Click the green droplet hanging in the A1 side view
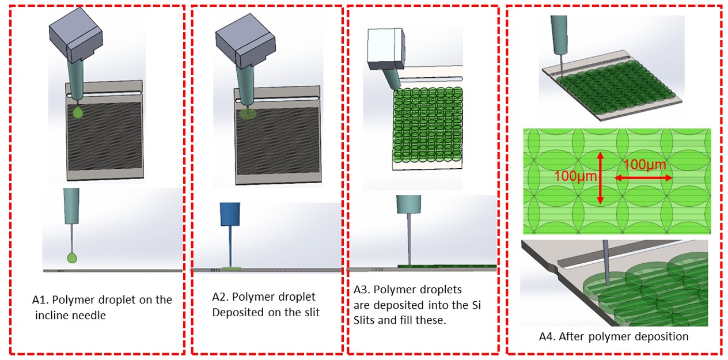[72, 257]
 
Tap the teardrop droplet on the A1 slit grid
[78, 112]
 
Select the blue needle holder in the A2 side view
[230, 214]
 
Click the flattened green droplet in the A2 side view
[232, 268]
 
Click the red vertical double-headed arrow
[600, 178]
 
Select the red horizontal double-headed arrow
[643, 178]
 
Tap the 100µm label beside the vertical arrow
[575, 176]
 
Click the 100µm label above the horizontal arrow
[644, 164]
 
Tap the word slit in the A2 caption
[312, 312]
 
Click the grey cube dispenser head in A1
[76, 35]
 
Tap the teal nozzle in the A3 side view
[408, 204]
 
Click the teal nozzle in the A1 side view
[71, 206]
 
